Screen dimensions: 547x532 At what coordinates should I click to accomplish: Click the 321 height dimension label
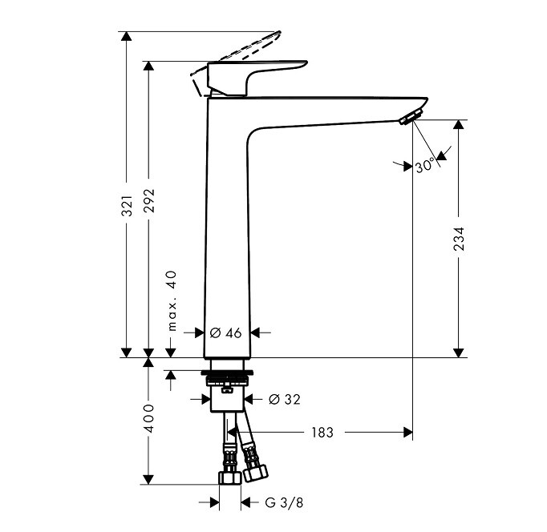pyautogui.click(x=128, y=206)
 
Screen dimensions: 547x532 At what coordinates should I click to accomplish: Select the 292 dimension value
pyautogui.click(x=149, y=201)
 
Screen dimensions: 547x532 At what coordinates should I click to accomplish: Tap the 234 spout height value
pyautogui.click(x=459, y=239)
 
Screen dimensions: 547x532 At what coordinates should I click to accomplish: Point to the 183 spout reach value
pyautogui.click(x=322, y=433)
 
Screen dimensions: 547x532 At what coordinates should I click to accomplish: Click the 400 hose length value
pyautogui.click(x=149, y=418)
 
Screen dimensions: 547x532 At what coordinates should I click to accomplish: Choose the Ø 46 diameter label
pyautogui.click(x=225, y=333)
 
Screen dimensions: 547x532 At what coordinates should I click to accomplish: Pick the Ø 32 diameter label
pyautogui.click(x=284, y=399)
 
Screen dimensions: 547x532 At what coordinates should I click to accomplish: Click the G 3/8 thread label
pyautogui.click(x=284, y=502)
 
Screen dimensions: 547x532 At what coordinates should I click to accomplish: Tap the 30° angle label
pyautogui.click(x=425, y=165)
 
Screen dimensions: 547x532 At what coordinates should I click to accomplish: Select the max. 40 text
pyautogui.click(x=172, y=300)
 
